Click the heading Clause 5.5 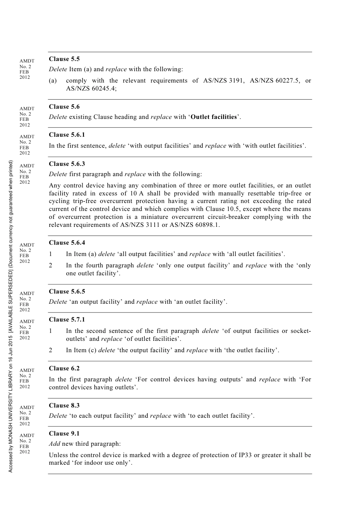click(64, 59)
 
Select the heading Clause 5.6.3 click(67, 164)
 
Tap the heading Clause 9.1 click(64, 434)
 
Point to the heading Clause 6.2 click(64, 368)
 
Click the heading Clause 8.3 click(64, 406)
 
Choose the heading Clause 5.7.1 click(67, 320)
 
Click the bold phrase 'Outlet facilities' click(214, 117)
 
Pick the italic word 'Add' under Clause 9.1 click(54, 444)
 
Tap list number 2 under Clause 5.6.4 click(51, 265)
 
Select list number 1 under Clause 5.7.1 click(51, 331)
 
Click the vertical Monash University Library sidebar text click(11, 316)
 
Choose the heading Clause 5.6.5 click(67, 292)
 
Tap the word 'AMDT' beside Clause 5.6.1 click(27, 137)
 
